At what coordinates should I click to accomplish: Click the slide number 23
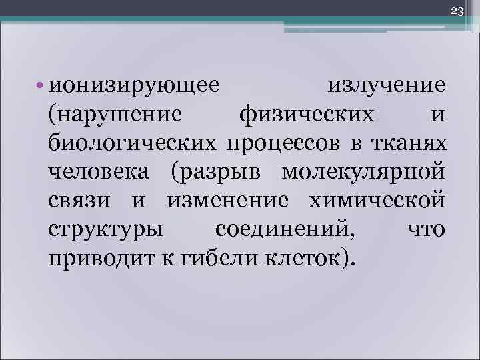tap(457, 10)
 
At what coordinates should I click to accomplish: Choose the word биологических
tap(132, 143)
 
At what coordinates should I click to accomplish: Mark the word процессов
tap(288, 143)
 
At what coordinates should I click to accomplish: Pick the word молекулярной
tap(363, 171)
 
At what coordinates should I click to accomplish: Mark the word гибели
tap(203, 256)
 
